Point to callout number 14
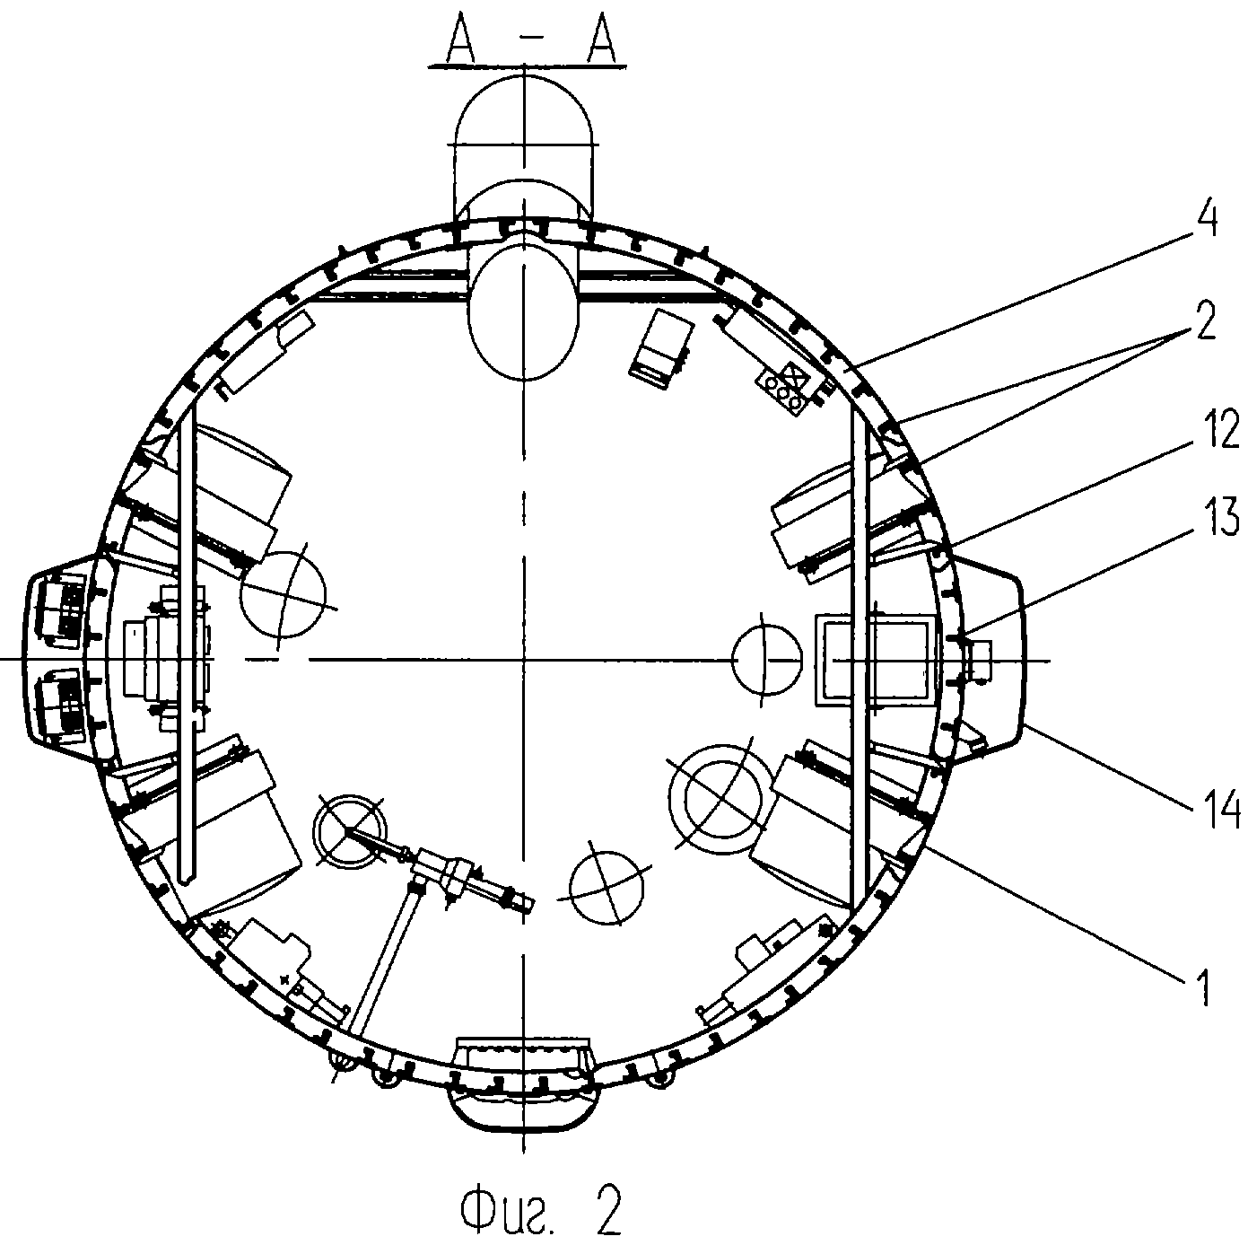click(1217, 806)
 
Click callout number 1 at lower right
click(1203, 987)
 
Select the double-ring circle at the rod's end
click(350, 831)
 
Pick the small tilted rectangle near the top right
click(660, 350)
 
